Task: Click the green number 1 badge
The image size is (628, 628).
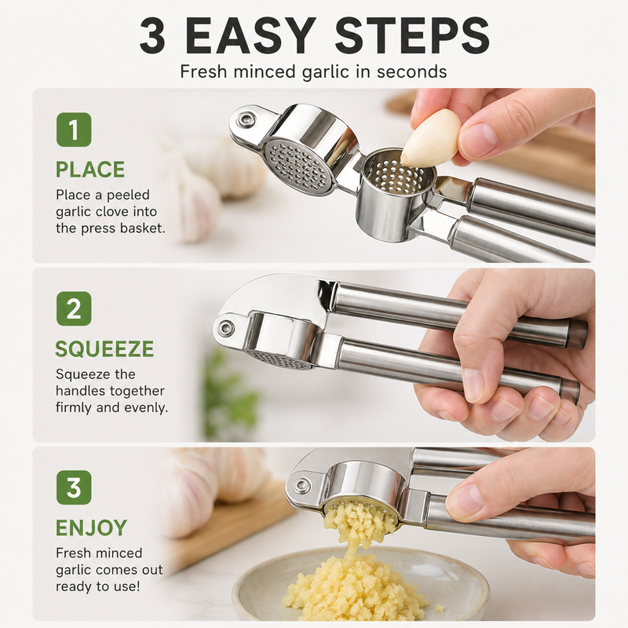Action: (x=74, y=130)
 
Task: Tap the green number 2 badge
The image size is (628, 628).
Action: (x=74, y=309)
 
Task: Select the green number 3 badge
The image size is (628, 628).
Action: (x=74, y=487)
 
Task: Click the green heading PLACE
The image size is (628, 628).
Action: (x=90, y=170)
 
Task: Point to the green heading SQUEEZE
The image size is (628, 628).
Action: (x=104, y=349)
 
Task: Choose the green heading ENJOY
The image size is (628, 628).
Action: (x=91, y=528)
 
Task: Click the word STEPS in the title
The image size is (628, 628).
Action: (x=413, y=35)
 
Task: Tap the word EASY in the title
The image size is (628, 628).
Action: (x=251, y=35)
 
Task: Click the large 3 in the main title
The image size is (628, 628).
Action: (x=152, y=35)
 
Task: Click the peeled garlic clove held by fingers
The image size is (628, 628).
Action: (x=431, y=137)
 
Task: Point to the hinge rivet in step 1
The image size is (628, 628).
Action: (x=244, y=119)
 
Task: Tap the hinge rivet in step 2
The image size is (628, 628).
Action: (x=225, y=328)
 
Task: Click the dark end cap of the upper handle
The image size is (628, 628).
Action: (x=578, y=333)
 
